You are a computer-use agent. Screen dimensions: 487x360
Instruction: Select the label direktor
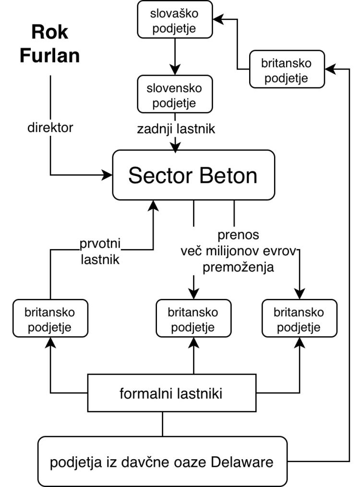coord(50,129)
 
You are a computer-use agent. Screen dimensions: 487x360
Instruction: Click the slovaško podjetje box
coord(174,20)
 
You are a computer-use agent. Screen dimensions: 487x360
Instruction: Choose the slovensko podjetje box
coord(174,95)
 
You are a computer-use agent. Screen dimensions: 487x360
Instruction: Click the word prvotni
coord(101,245)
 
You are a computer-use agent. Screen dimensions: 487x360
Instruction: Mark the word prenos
coord(238,236)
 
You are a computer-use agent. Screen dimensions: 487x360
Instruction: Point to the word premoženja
coord(238,267)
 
